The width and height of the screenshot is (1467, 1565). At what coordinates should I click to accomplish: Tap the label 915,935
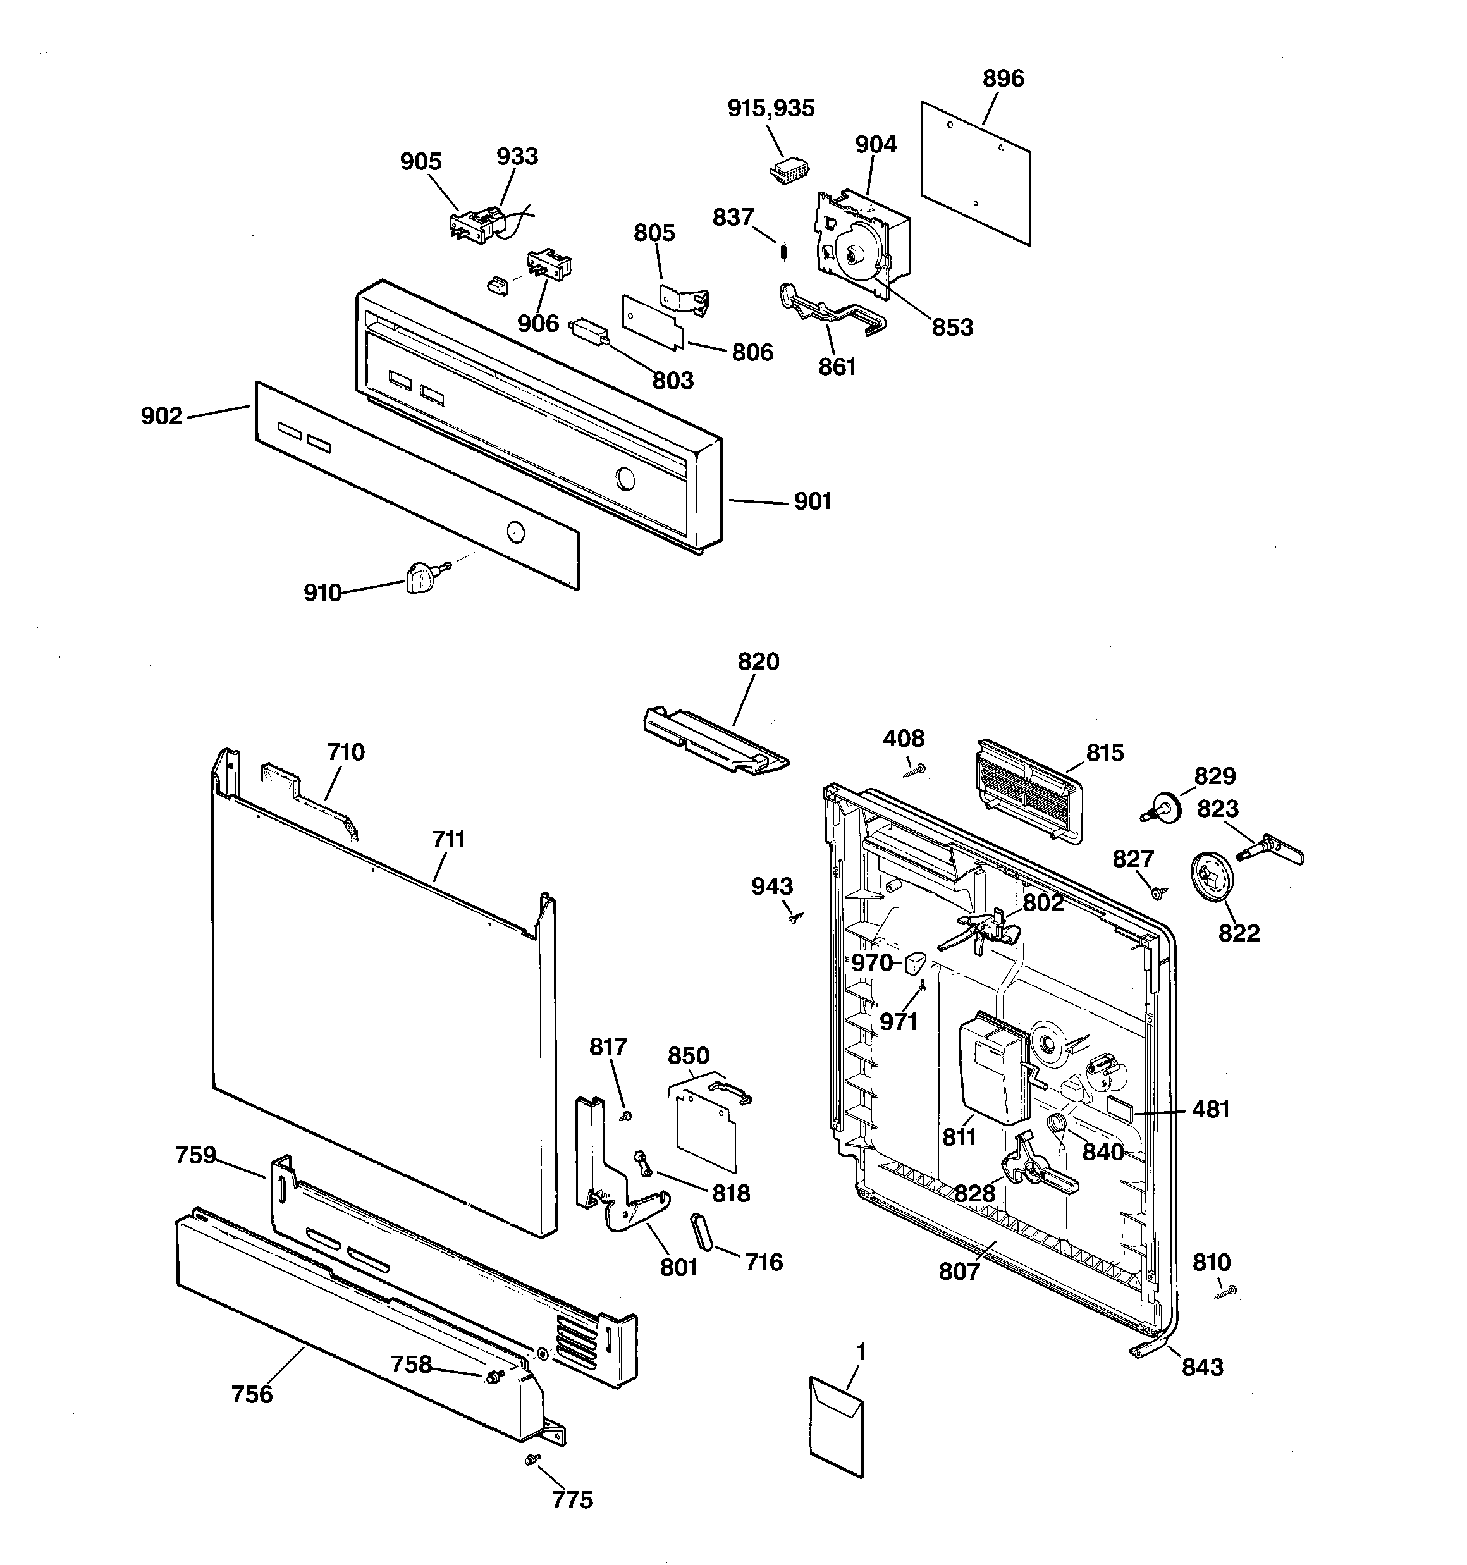pyautogui.click(x=770, y=109)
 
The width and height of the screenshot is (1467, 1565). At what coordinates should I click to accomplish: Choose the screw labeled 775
pyautogui.click(x=532, y=1459)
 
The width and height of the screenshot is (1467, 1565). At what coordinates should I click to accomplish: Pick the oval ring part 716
pyautogui.click(x=701, y=1232)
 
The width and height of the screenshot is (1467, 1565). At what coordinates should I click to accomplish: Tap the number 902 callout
pyautogui.click(x=161, y=415)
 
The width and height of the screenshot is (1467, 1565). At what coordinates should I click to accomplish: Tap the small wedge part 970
pyautogui.click(x=915, y=961)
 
